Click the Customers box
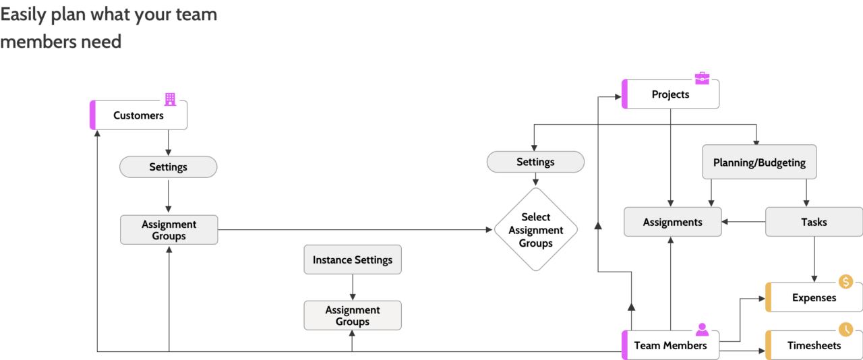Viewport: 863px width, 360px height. coord(138,115)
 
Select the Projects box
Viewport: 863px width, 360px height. coord(670,94)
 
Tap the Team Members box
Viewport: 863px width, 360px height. coord(670,345)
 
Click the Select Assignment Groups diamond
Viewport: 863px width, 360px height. coord(536,230)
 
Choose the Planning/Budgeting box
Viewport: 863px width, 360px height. coord(759,162)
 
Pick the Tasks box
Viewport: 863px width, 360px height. coord(814,222)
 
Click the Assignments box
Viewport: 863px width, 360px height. coord(672,222)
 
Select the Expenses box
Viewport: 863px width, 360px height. coord(814,297)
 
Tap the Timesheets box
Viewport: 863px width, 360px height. coord(814,345)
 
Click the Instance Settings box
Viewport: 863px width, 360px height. coord(353,260)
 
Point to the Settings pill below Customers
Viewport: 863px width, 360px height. coord(168,167)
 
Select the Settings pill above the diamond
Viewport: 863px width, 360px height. coord(535,162)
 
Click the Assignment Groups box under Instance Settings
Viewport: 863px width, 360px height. coord(353,316)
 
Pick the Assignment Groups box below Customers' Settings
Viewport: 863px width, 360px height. coord(169,230)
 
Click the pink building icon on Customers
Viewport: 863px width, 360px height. coord(170,100)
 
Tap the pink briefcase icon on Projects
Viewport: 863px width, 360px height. coord(702,78)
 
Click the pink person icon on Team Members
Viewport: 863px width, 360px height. coord(702,329)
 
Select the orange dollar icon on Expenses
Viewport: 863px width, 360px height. coord(845,281)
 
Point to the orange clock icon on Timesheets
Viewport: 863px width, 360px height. coord(845,329)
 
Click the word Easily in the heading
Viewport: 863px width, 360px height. coord(23,15)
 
